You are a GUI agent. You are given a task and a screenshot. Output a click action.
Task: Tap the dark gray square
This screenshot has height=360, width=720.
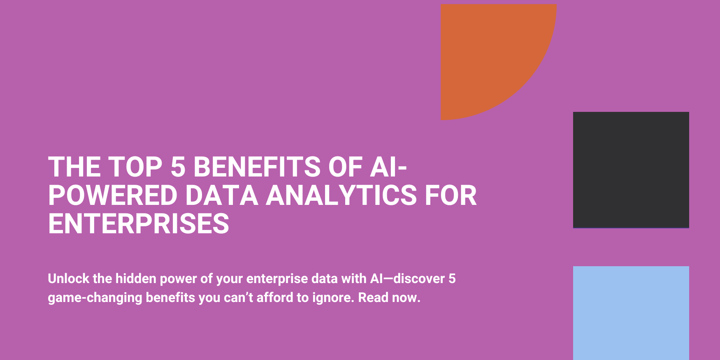pos(631,170)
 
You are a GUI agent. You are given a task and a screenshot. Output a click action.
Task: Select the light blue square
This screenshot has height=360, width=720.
pos(631,313)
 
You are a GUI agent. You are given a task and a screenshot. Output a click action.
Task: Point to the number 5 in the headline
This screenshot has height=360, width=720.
pos(178,167)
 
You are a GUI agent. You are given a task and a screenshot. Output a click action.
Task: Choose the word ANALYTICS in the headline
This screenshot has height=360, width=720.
pos(341,195)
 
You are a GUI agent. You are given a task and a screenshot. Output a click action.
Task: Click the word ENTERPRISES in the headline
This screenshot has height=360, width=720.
pos(139,224)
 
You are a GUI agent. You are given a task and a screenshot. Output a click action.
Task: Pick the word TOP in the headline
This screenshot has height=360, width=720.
pos(135,167)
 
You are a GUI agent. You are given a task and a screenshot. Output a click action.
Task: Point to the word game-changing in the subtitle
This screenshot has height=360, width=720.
pos(95,298)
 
